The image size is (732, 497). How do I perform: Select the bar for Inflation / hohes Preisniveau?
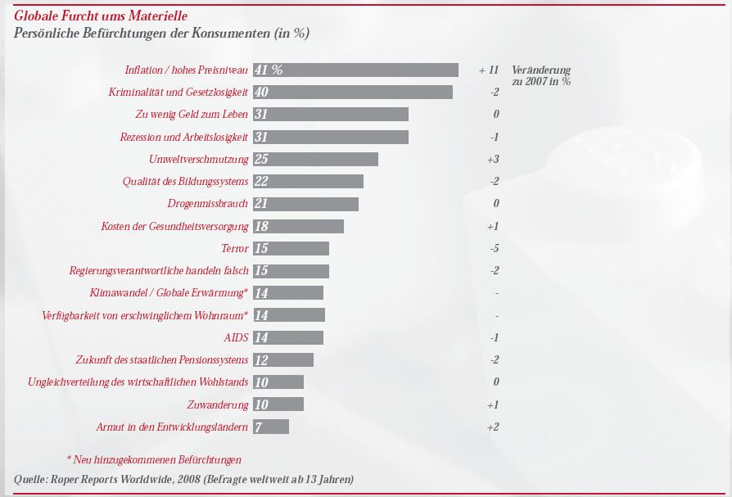pos(355,70)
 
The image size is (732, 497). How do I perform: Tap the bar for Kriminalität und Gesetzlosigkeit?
pos(353,92)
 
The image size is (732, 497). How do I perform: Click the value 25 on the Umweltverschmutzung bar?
pos(262,159)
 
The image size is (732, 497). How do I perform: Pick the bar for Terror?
pos(291,248)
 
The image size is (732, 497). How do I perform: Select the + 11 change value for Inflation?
pos(489,70)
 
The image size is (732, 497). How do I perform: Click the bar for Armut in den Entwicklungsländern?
pos(271,427)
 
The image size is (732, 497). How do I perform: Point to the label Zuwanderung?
pos(217,404)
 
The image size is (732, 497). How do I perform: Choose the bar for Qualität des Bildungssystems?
pos(308,181)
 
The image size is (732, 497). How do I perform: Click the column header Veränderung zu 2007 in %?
pos(541,75)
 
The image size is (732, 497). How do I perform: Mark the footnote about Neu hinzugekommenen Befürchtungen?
pos(154,459)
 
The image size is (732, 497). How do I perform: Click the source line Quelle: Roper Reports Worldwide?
pos(184,478)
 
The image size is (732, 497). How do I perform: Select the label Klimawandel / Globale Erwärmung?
pos(169,293)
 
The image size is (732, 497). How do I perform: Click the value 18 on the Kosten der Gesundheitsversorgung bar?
pos(262,226)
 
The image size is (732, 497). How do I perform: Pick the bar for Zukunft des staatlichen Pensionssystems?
pos(283,359)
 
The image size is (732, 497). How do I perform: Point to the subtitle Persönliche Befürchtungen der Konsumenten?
pos(161,33)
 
